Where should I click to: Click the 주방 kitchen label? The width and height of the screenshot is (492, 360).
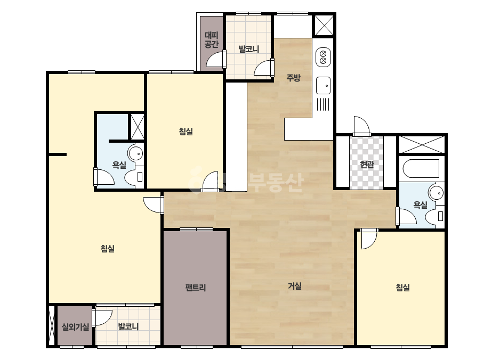(x=293, y=77)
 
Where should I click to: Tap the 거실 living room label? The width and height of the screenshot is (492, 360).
(x=295, y=285)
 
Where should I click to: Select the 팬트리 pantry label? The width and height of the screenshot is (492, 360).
(x=195, y=287)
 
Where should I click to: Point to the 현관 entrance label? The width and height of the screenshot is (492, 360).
(x=367, y=164)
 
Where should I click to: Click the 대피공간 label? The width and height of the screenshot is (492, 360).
(x=212, y=39)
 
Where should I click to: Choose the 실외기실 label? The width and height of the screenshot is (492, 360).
(x=75, y=327)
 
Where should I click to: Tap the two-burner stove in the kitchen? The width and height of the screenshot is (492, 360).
(x=323, y=58)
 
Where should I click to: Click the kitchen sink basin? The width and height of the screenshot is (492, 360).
(x=323, y=85)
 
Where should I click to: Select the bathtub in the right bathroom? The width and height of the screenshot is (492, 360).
(x=421, y=169)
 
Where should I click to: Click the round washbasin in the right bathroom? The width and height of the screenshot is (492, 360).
(x=436, y=193)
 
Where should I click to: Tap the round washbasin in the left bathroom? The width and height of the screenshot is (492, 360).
(x=135, y=154)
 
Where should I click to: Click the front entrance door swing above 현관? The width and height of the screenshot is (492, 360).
(x=362, y=126)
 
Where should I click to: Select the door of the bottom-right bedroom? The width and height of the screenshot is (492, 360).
(x=369, y=239)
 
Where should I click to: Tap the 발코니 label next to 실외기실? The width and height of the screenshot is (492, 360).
(x=128, y=326)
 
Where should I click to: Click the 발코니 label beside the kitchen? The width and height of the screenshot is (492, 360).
(x=249, y=49)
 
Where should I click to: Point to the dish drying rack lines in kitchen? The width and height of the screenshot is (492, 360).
(x=323, y=104)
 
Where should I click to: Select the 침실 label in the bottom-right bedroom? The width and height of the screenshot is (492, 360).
(x=403, y=287)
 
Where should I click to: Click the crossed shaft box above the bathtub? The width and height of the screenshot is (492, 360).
(x=422, y=144)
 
